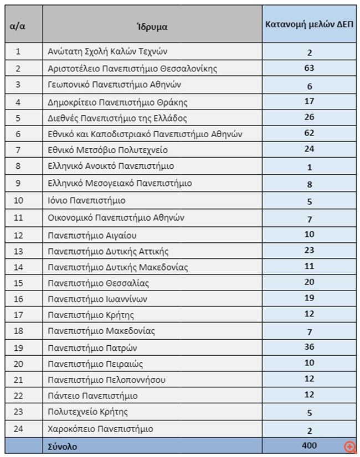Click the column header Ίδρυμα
(152, 27)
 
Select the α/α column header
(18, 26)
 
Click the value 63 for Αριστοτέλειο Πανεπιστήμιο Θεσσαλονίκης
(309, 68)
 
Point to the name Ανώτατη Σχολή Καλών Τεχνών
(107, 51)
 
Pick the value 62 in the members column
(309, 133)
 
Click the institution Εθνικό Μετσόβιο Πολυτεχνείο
(107, 150)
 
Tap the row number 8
(18, 166)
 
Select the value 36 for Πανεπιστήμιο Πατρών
(309, 347)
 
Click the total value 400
(309, 445)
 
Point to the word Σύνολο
(63, 446)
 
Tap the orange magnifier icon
(349, 447)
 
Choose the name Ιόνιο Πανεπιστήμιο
(86, 200)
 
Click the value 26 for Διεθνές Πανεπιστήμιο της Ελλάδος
(309, 117)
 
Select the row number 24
(18, 429)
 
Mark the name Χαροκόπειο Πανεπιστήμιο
(100, 429)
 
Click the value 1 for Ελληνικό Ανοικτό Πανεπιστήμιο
(309, 167)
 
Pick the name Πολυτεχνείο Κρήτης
(88, 412)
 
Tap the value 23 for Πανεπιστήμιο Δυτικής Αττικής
(309, 250)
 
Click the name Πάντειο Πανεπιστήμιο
(92, 396)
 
